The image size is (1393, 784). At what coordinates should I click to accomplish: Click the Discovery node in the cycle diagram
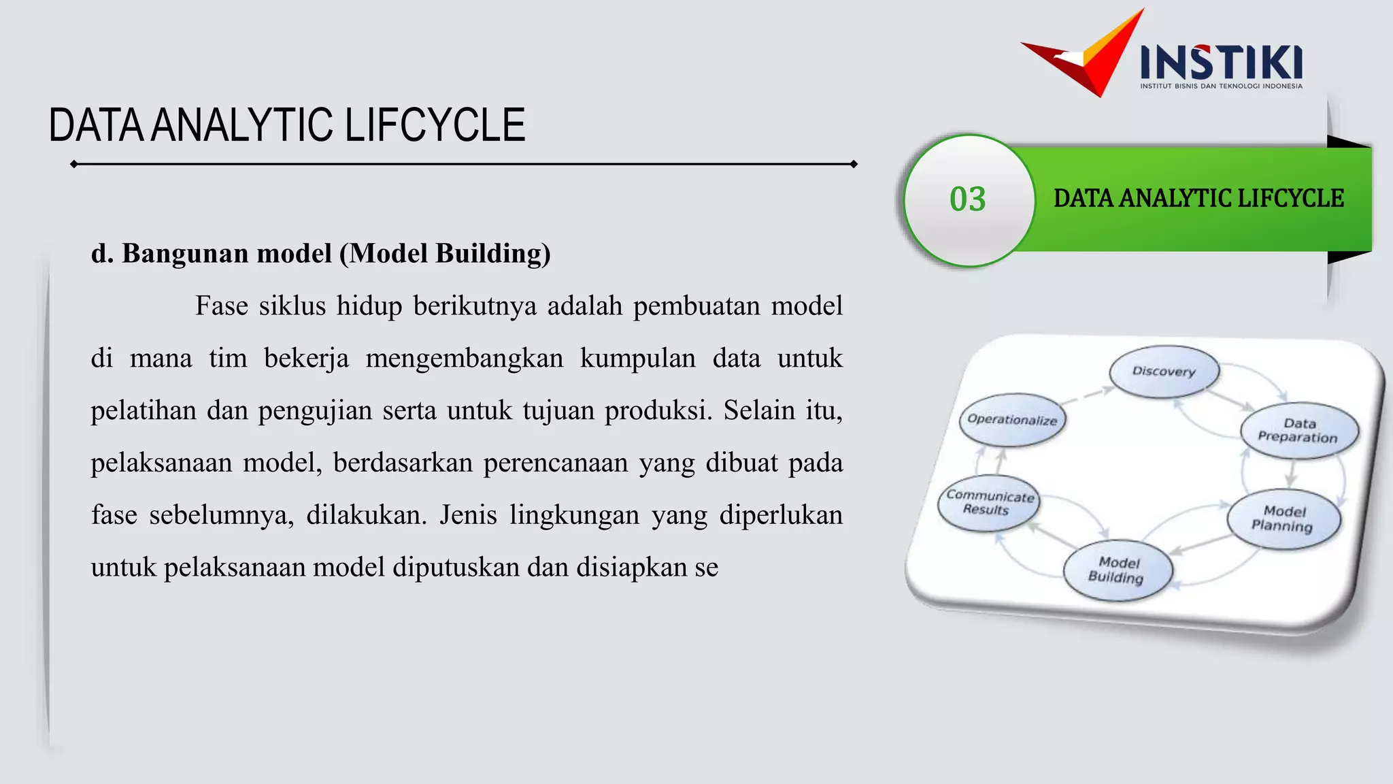click(1164, 372)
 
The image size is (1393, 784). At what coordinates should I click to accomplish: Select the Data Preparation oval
click(1298, 431)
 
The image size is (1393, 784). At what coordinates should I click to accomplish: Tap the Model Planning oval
click(1283, 519)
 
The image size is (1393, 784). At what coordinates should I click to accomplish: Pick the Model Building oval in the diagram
click(1117, 570)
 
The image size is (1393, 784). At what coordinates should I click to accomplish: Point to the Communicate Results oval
click(989, 503)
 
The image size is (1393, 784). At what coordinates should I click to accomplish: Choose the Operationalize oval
click(1012, 420)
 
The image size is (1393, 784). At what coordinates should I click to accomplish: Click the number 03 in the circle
click(967, 199)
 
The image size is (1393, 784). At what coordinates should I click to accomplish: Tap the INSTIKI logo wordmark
click(1221, 62)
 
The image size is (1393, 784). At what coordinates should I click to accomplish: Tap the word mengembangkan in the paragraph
click(465, 359)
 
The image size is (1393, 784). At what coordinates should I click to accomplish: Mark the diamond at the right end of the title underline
click(854, 164)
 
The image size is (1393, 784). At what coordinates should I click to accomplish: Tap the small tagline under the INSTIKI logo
click(1221, 86)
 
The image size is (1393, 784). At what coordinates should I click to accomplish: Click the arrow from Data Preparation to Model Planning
click(1291, 473)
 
